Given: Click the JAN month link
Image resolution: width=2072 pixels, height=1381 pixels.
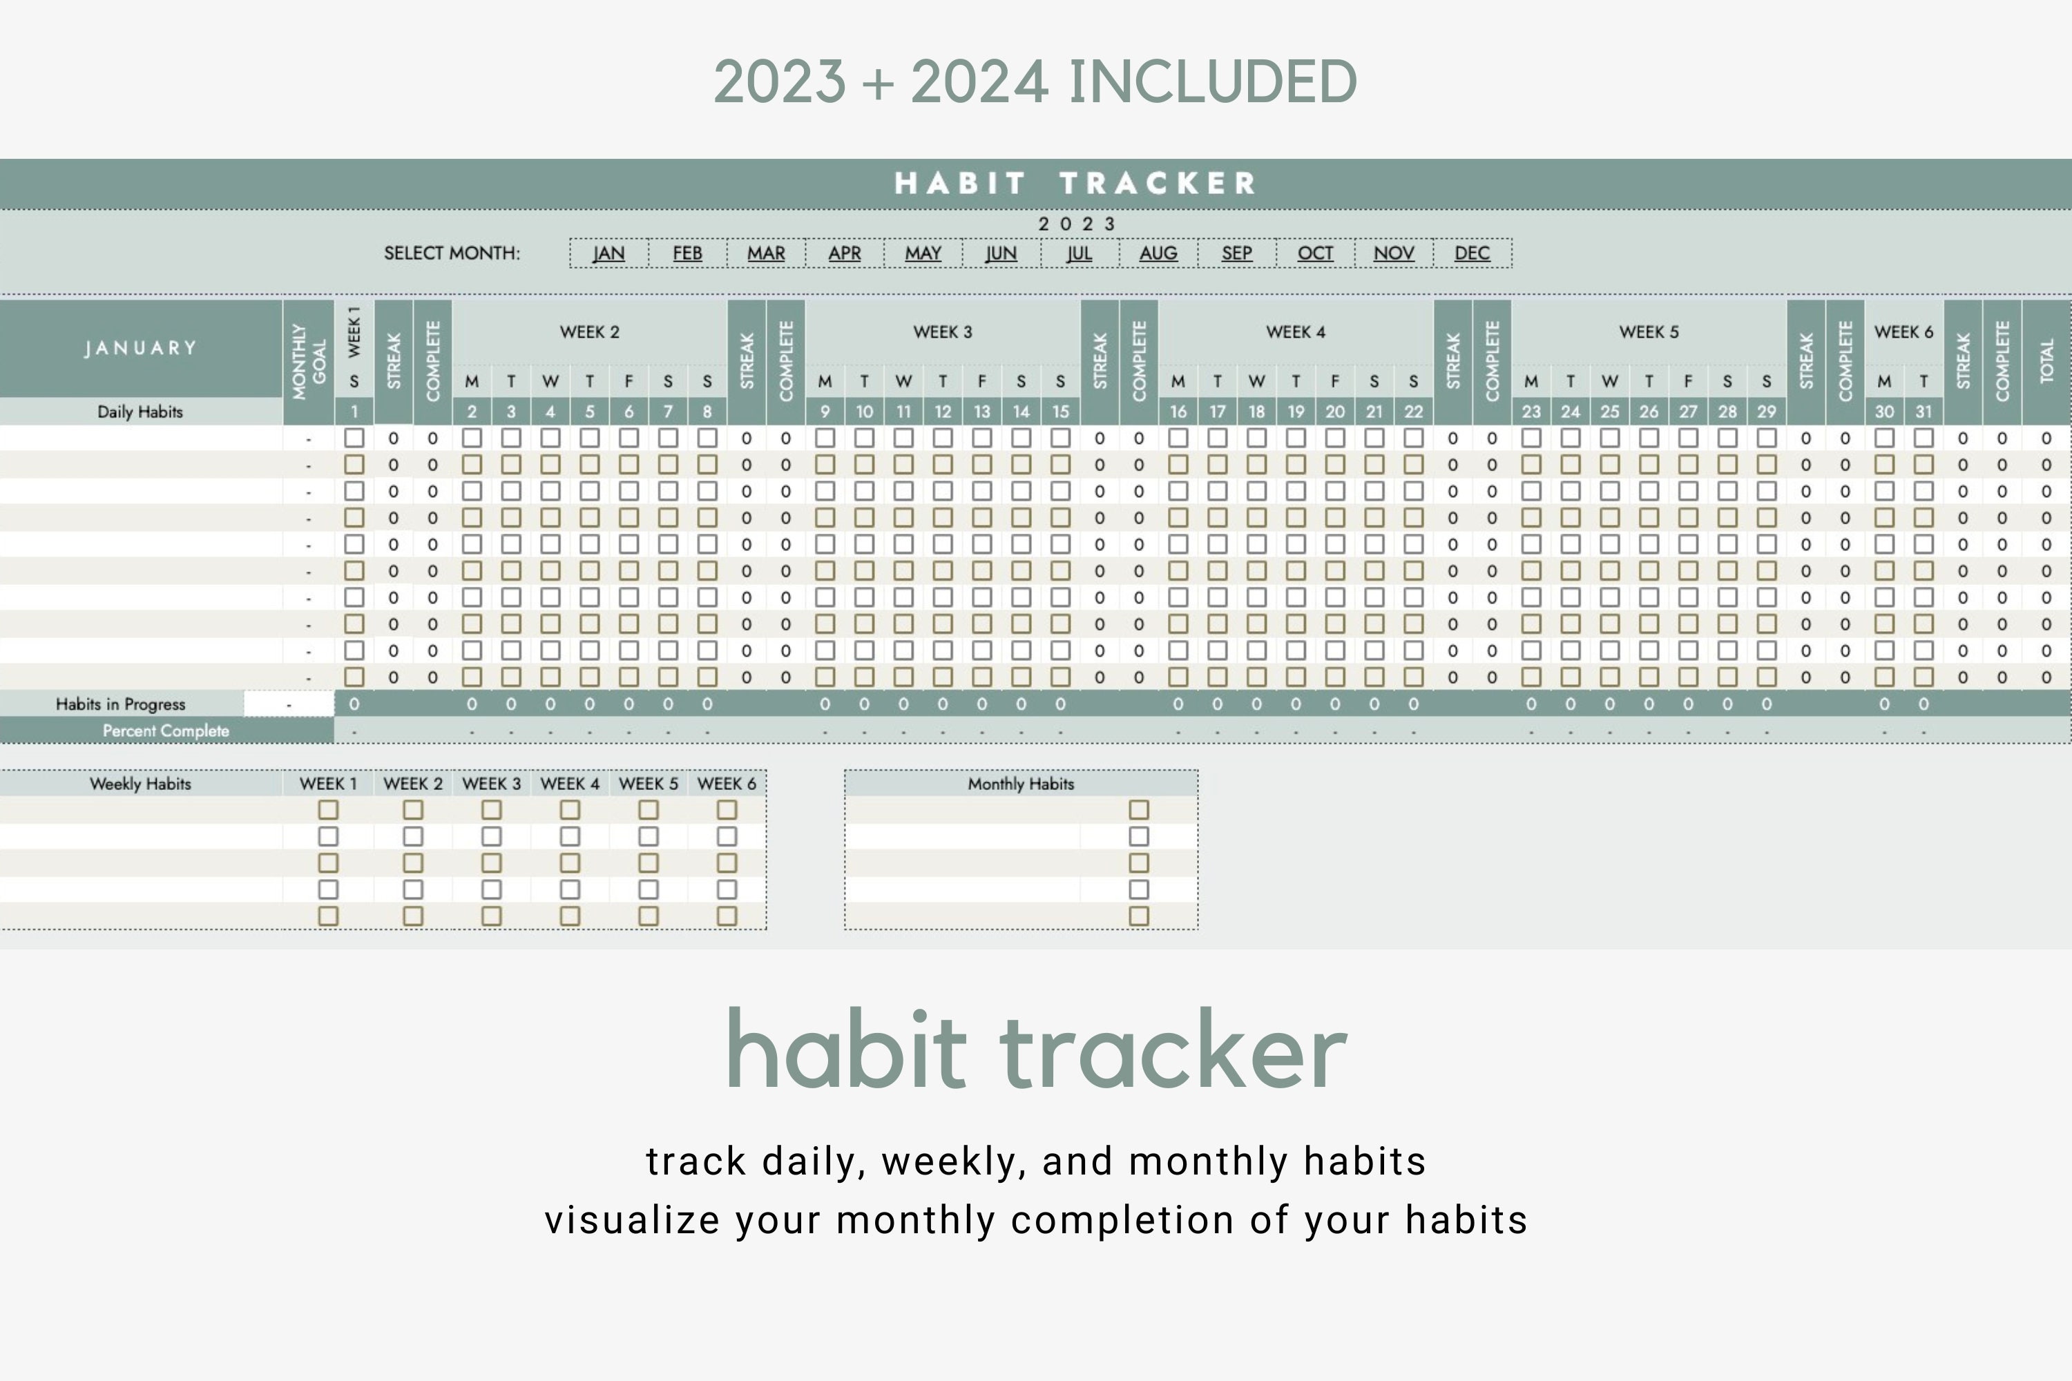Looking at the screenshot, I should pyautogui.click(x=608, y=253).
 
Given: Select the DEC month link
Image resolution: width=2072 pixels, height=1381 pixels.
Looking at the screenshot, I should pyautogui.click(x=1472, y=253).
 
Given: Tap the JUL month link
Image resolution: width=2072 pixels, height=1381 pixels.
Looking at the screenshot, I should pyautogui.click(x=1079, y=253).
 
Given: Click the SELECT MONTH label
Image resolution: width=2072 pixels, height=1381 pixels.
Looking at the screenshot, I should pyautogui.click(x=452, y=253).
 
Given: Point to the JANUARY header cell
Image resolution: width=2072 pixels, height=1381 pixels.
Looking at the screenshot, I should pyautogui.click(x=141, y=348).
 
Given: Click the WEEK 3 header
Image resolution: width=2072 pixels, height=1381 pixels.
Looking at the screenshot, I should pyautogui.click(x=943, y=332).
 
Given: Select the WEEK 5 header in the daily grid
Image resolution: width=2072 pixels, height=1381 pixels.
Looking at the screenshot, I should pyautogui.click(x=1648, y=332).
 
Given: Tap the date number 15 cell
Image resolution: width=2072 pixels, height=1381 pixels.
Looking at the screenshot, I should pyautogui.click(x=1059, y=412).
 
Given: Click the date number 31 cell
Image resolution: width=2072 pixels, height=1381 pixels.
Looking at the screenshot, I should pyautogui.click(x=1923, y=412).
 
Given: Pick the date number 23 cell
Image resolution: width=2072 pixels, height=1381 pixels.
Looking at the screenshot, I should pyautogui.click(x=1531, y=412).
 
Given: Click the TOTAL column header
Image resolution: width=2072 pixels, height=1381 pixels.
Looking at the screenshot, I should pyautogui.click(x=2046, y=361).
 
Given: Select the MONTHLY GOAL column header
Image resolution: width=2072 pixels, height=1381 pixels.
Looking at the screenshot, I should pyautogui.click(x=308, y=361).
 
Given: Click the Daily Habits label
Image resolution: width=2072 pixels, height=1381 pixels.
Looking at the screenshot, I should pyautogui.click(x=140, y=412).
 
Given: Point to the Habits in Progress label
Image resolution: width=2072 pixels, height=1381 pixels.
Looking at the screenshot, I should pyautogui.click(x=121, y=704).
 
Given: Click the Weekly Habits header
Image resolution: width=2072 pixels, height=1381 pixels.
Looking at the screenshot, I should pyautogui.click(x=140, y=784).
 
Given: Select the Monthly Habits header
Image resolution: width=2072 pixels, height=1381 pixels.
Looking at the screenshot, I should pyautogui.click(x=1021, y=784).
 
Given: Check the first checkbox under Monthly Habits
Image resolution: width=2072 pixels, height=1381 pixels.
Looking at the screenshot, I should pyautogui.click(x=1139, y=809).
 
